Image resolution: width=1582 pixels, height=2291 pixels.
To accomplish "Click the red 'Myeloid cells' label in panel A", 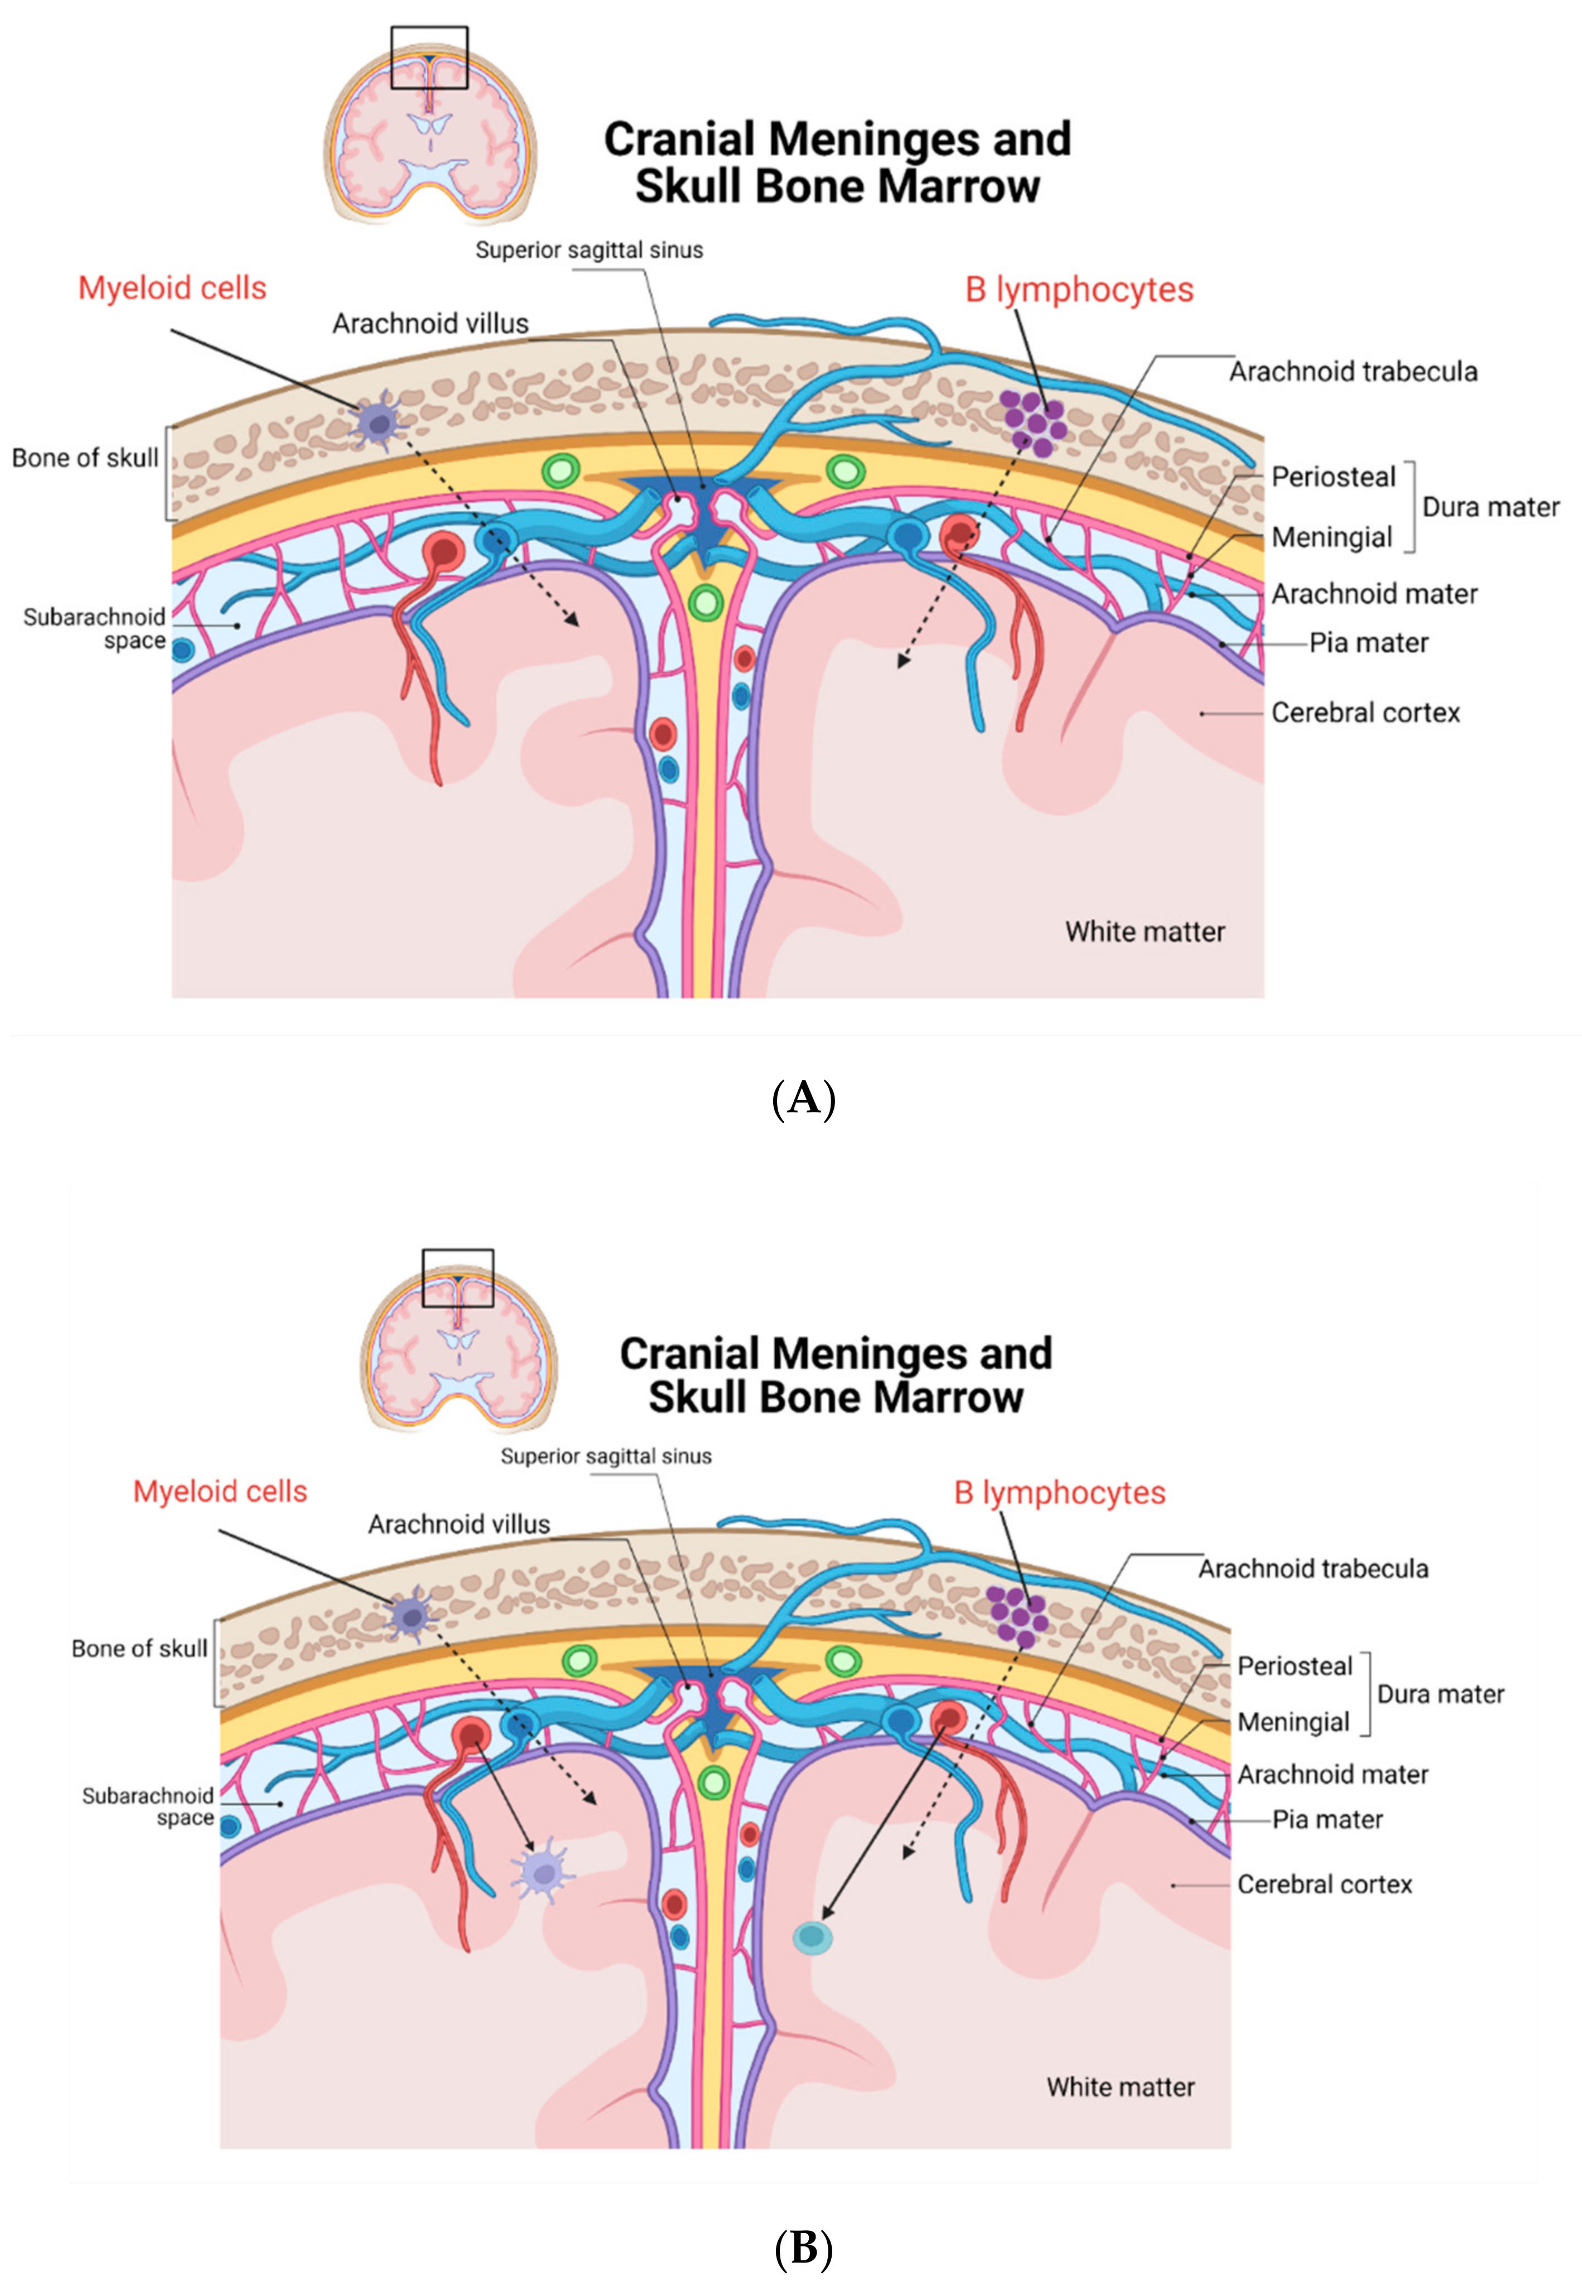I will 172,288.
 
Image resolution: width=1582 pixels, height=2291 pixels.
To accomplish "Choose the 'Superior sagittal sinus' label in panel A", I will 589,250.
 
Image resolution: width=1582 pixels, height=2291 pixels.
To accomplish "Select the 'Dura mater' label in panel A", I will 1490,507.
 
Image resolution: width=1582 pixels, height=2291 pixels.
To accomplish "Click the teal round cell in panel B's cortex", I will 812,1936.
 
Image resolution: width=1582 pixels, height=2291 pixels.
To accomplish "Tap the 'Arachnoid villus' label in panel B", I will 459,1525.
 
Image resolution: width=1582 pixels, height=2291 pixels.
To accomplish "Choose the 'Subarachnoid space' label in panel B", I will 149,1806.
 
